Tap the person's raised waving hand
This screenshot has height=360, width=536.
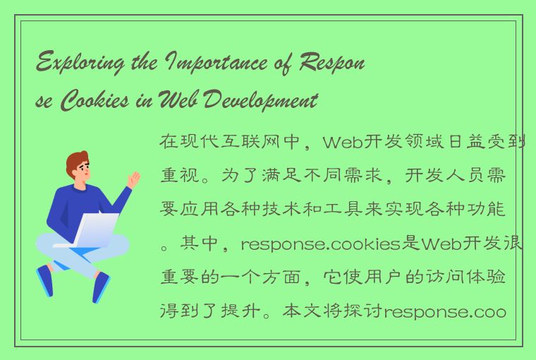pos(133,178)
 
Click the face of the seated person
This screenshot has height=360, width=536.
pos(82,171)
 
